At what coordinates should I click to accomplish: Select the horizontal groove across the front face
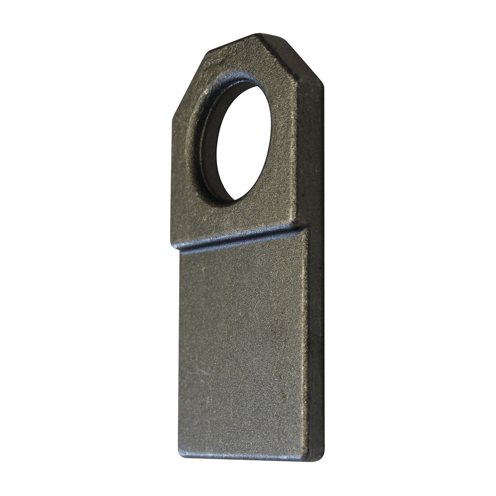click(x=238, y=239)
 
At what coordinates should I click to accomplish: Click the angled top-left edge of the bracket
click(x=191, y=79)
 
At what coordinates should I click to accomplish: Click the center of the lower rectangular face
click(x=243, y=347)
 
